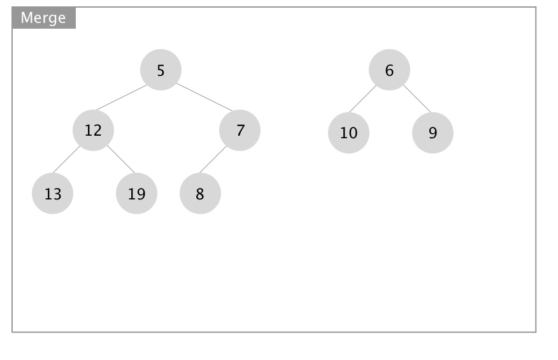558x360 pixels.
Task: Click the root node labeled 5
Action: (161, 70)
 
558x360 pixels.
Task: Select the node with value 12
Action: (93, 131)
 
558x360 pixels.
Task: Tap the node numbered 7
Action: (240, 131)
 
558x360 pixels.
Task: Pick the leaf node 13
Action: (53, 193)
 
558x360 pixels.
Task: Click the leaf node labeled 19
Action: (137, 193)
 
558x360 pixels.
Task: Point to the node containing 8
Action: (201, 193)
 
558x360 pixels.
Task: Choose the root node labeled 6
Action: (389, 70)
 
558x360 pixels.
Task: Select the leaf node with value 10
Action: (349, 133)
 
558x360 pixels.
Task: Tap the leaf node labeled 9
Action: (433, 133)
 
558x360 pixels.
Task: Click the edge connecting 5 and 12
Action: (122, 97)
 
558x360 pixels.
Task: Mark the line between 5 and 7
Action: (204, 97)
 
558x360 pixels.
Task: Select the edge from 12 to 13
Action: (66, 159)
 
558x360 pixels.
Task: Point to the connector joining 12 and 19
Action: (121, 159)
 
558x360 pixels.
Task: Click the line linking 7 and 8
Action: (213, 159)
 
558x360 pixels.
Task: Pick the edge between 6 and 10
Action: (362, 99)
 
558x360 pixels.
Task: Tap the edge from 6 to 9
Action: (417, 99)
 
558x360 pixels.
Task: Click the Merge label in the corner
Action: (43, 18)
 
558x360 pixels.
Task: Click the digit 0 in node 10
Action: (353, 133)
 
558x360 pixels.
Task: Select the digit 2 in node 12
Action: (97, 131)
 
